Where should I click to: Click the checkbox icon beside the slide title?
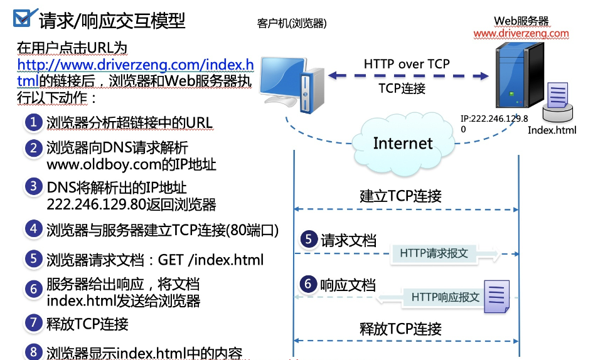(21, 19)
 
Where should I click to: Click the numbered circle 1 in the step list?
(33, 122)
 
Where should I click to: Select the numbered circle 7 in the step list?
(33, 323)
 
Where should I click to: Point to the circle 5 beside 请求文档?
(307, 239)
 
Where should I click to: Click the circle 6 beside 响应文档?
(307, 284)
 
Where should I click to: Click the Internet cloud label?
(403, 144)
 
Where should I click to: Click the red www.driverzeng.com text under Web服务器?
(521, 33)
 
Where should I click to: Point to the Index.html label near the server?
(552, 130)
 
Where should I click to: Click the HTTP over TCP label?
(407, 64)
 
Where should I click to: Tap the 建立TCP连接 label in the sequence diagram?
(400, 195)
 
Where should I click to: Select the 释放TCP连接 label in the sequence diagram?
(400, 328)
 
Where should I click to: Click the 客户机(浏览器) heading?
(292, 23)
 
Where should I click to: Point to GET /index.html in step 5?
(211, 260)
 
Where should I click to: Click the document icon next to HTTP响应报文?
(496, 295)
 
